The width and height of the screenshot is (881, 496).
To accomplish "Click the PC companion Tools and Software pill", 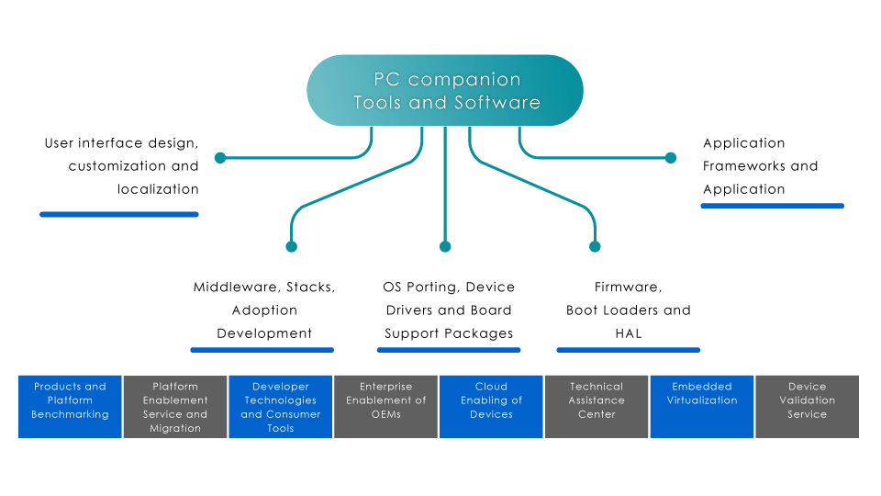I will (x=445, y=90).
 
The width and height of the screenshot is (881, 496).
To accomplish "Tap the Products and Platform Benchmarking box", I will (x=70, y=406).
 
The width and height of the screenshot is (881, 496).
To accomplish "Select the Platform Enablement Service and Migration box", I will (x=175, y=406).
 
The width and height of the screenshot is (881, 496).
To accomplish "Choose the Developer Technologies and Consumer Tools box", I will (x=280, y=406).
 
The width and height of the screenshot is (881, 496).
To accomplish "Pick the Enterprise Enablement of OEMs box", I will (x=385, y=406).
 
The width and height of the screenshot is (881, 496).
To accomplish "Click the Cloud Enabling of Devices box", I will (x=491, y=406).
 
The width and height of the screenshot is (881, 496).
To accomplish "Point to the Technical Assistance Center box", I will (x=597, y=406).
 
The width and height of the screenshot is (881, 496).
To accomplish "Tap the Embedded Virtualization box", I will (x=702, y=406).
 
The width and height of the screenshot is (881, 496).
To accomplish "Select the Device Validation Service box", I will (x=807, y=406).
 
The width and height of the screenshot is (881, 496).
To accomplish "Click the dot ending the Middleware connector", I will (x=292, y=246).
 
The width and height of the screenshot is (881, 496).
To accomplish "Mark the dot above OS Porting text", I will (x=445, y=246).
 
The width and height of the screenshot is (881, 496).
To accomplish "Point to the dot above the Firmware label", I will (x=595, y=246).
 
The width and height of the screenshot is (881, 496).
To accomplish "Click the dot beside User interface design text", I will (x=220, y=158).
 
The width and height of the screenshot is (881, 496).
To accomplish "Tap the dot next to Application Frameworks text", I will (x=671, y=158).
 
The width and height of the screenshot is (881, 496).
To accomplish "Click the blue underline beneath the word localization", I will (x=119, y=214).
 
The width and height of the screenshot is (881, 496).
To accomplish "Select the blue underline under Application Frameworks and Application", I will (x=772, y=206).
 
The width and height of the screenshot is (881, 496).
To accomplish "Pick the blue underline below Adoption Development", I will (x=262, y=349).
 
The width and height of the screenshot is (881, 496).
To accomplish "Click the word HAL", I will (x=628, y=333).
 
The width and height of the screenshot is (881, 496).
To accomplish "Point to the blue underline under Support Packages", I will (x=449, y=349).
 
